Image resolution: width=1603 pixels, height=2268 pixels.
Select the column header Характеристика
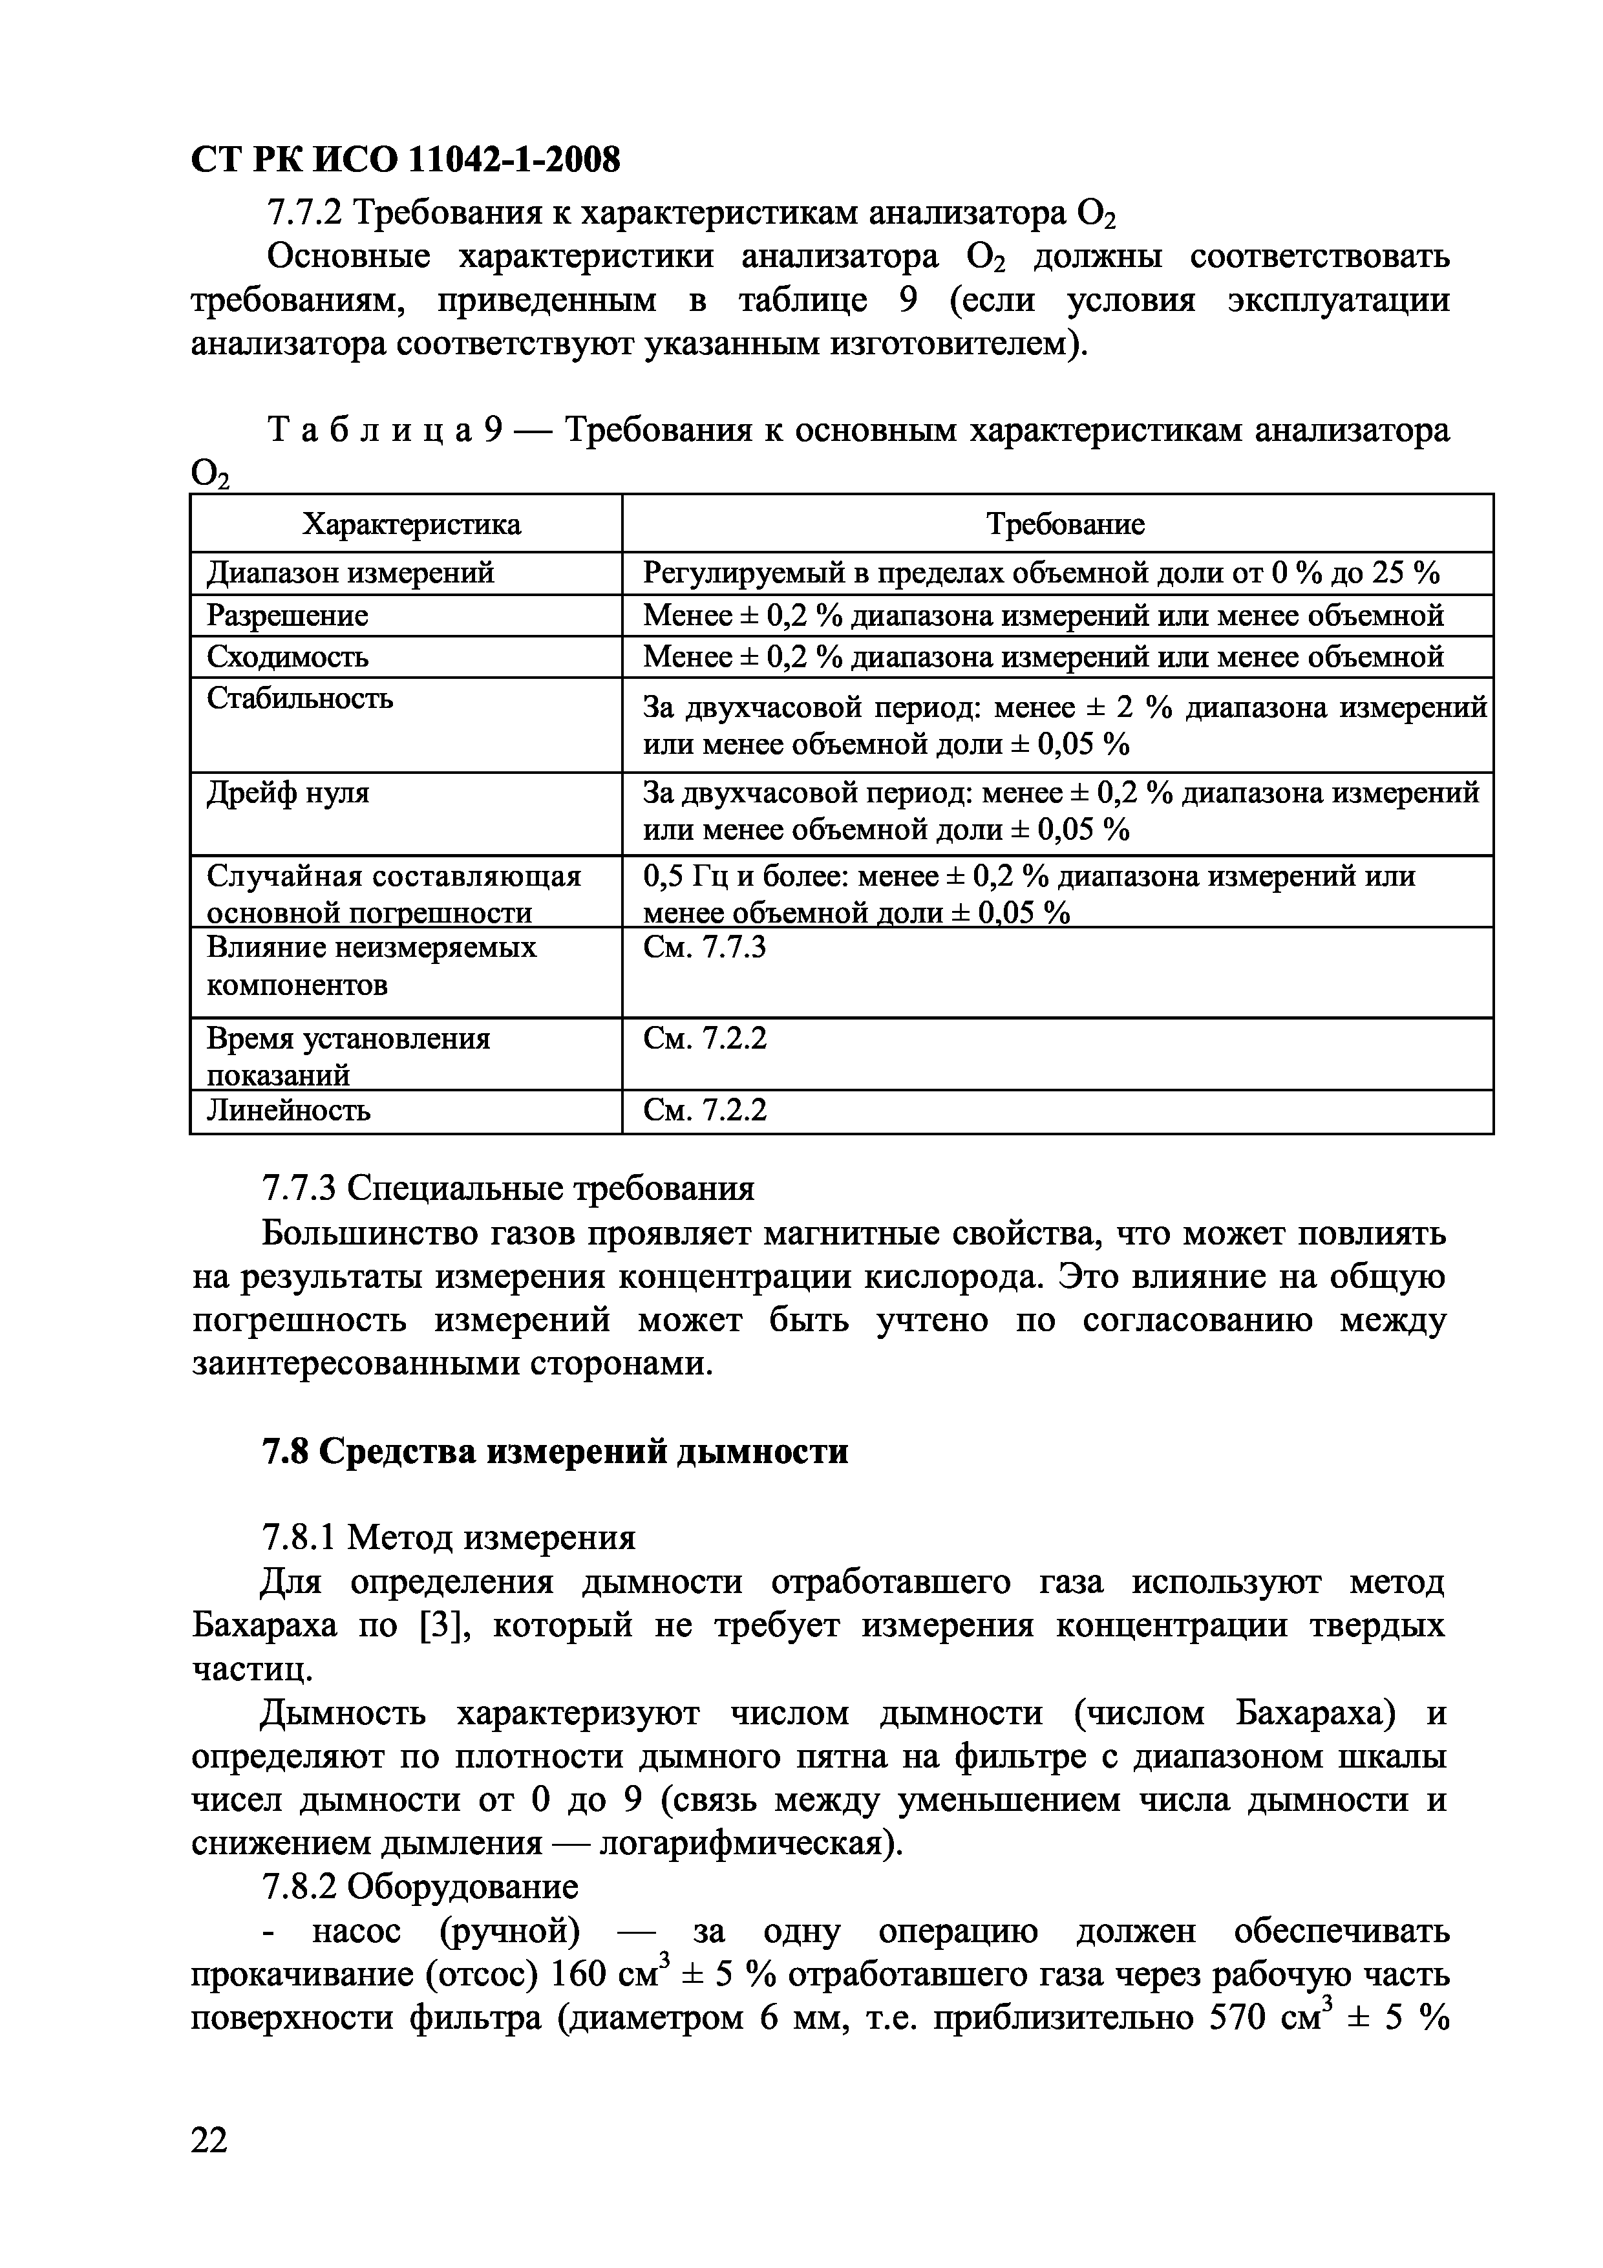pyautogui.click(x=411, y=524)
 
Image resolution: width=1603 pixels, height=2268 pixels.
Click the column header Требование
pyautogui.click(x=1066, y=524)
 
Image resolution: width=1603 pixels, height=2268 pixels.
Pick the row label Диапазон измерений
pyautogui.click(x=350, y=573)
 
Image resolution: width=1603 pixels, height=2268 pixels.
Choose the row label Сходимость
pyautogui.click(x=288, y=657)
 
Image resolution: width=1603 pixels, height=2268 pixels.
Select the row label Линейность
pyautogui.click(x=288, y=1110)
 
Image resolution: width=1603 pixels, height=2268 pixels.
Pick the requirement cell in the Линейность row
pyautogui.click(x=704, y=1110)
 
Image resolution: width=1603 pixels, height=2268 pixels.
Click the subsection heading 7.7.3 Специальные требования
pyautogui.click(x=507, y=1188)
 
